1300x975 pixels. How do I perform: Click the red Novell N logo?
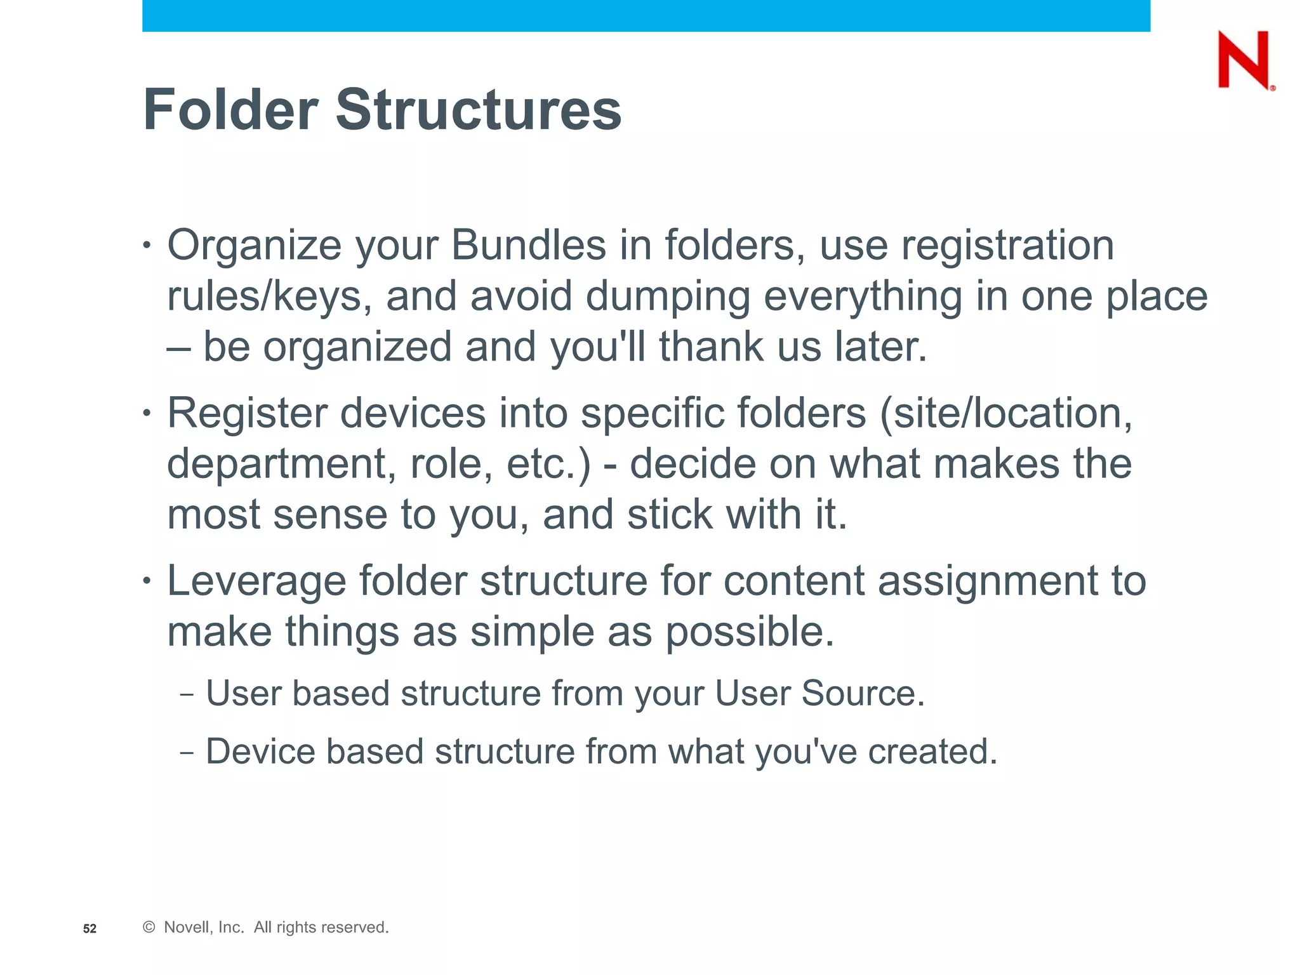coord(1244,60)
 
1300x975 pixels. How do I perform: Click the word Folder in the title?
coord(230,110)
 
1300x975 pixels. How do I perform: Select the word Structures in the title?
coord(478,110)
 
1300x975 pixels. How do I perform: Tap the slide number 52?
coord(90,929)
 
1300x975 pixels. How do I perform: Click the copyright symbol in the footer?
coord(149,927)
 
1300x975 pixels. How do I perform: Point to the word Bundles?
coord(528,245)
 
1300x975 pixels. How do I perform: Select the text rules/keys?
coord(269,297)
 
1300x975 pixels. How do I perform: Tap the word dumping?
coord(667,297)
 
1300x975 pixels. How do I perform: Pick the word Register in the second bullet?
coord(247,413)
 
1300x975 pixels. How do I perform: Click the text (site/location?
coord(1005,413)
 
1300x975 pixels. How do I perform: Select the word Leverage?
coord(256,581)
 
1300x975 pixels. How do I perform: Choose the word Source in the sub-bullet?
coord(863,693)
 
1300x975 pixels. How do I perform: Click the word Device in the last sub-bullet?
coord(260,752)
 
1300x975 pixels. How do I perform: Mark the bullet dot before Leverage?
coord(147,580)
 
